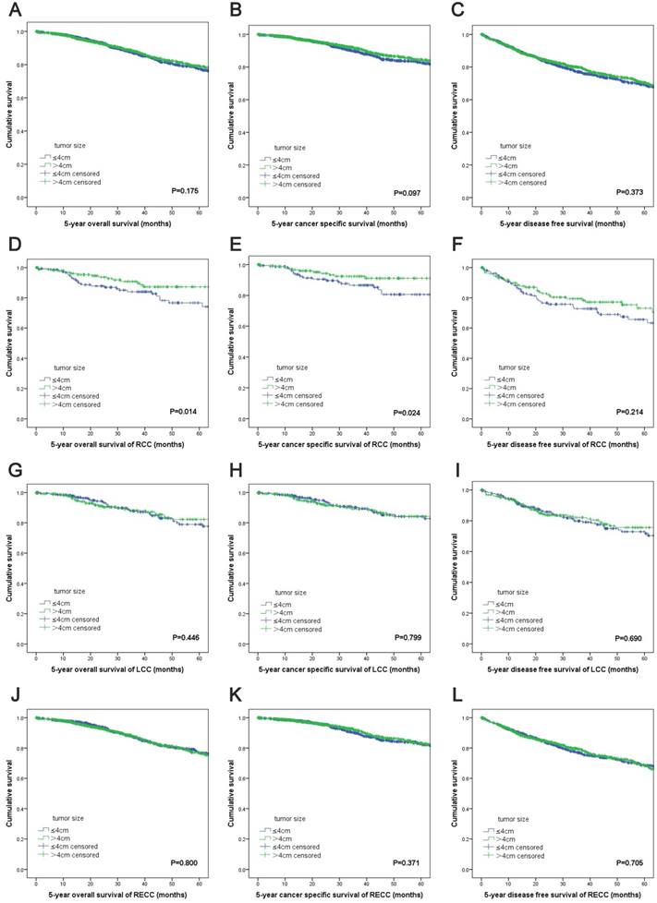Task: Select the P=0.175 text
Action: pyautogui.click(x=188, y=189)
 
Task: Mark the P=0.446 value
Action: pyautogui.click(x=188, y=636)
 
